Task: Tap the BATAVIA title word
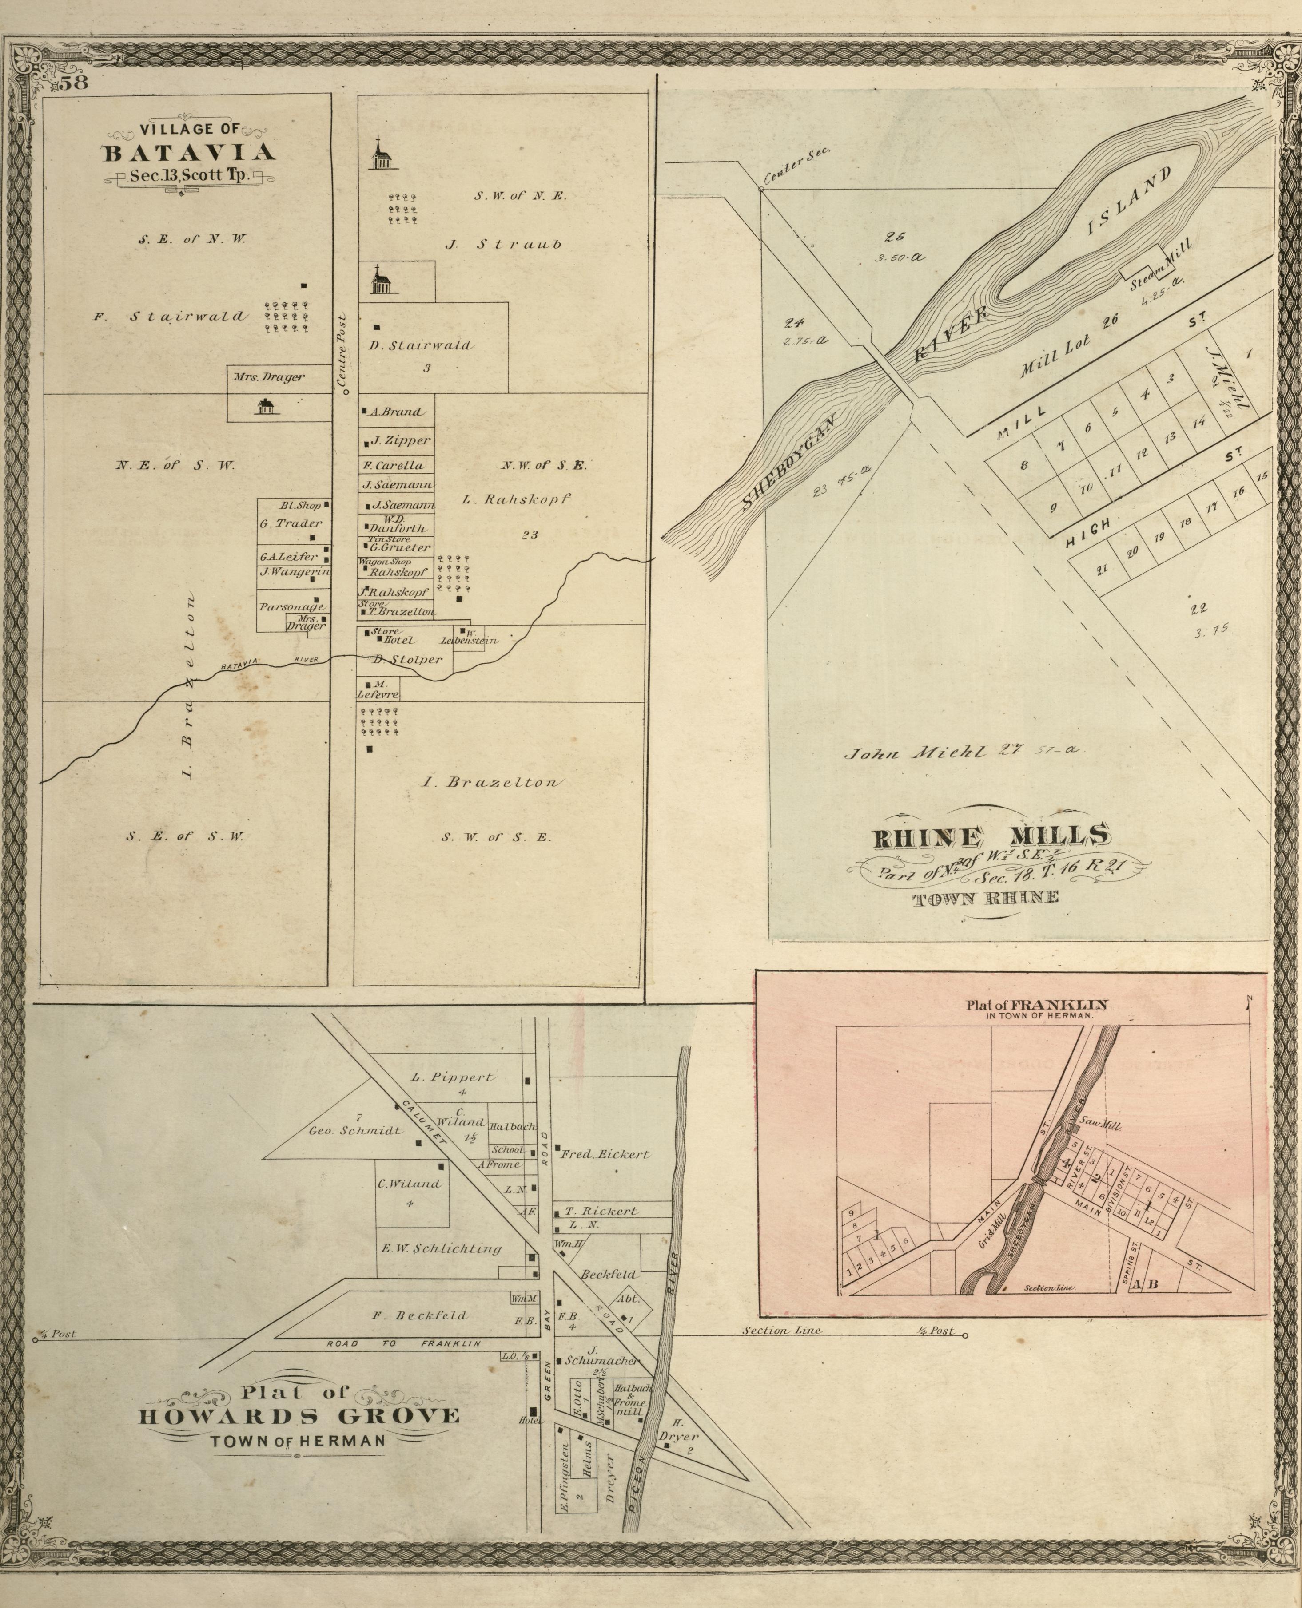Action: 188,153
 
